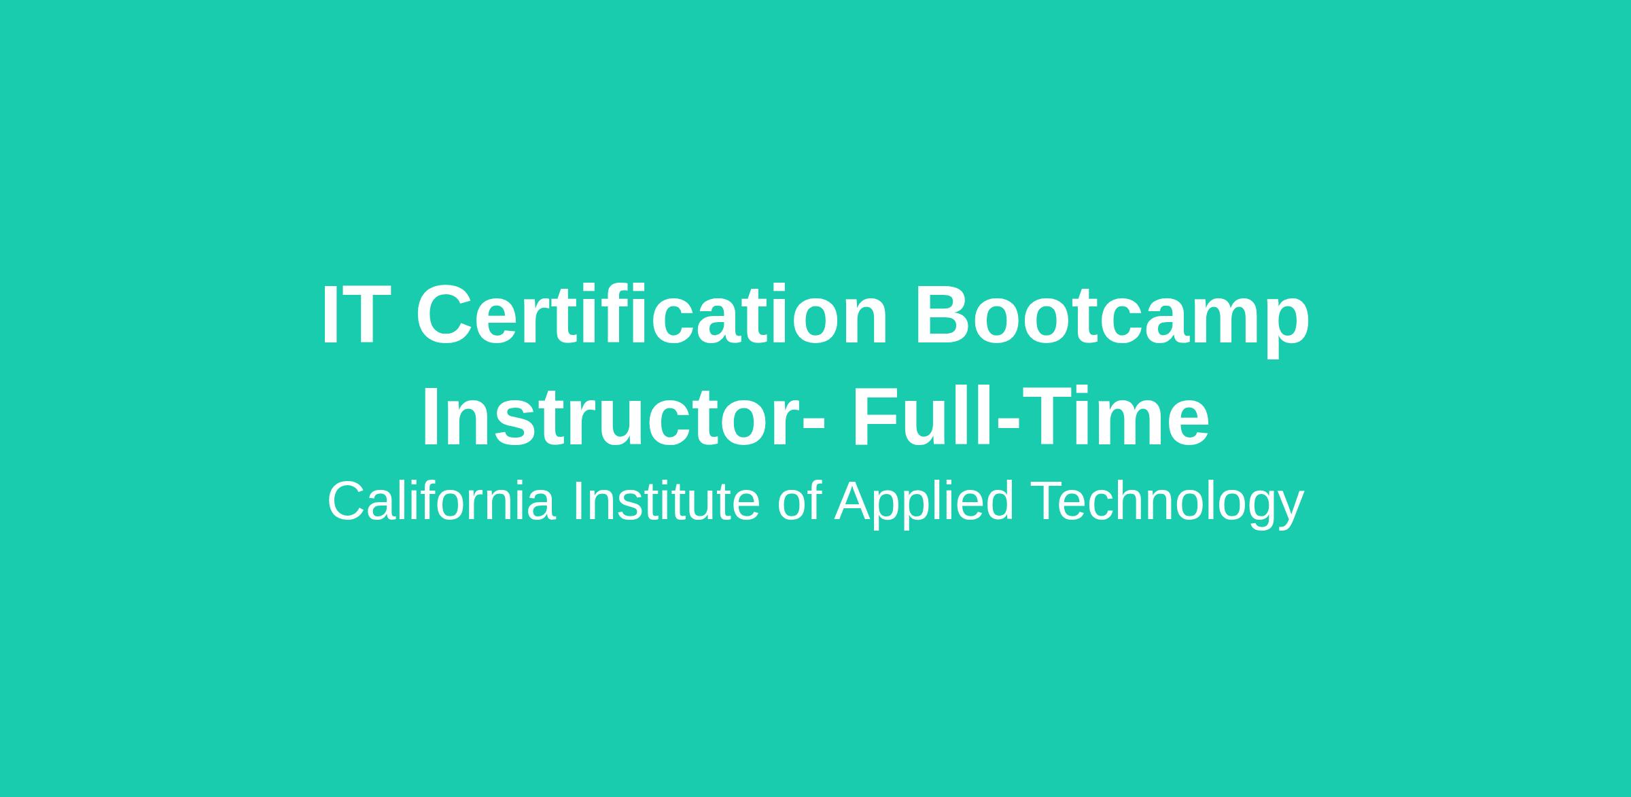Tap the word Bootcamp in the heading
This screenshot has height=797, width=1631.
click(x=1112, y=319)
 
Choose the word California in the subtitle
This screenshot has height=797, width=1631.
click(x=442, y=501)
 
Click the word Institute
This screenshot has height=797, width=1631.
click(x=667, y=501)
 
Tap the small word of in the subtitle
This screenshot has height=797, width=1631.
click(x=800, y=501)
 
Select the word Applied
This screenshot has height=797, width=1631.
click(x=925, y=503)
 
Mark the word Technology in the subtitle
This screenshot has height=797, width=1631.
click(x=1167, y=503)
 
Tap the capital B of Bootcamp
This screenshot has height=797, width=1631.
click(x=944, y=315)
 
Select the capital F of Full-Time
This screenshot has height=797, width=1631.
click(x=877, y=417)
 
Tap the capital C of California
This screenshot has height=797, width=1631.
click(x=349, y=501)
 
